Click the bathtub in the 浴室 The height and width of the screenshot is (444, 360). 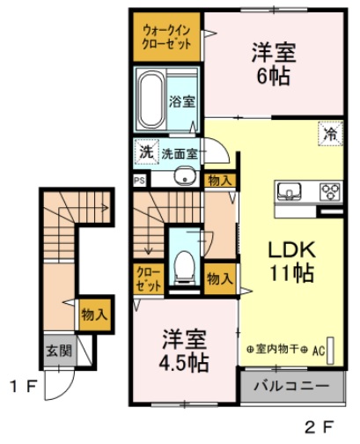tap(151, 100)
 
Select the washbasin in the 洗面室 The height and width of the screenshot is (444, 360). tap(185, 177)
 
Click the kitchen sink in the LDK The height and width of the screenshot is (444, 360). tap(290, 191)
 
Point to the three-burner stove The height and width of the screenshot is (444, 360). tap(331, 192)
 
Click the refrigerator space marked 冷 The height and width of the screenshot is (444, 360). tap(330, 134)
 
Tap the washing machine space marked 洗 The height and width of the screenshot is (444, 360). tap(146, 152)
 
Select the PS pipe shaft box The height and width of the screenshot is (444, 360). tap(140, 181)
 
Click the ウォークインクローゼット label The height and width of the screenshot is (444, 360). tap(166, 37)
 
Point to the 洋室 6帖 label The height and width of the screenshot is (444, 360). tap(274, 63)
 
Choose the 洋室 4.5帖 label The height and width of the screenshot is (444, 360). tap(184, 351)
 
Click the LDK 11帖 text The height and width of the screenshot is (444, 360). tap(292, 262)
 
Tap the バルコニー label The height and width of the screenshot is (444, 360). tap(291, 386)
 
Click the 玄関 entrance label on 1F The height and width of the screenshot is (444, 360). tap(59, 351)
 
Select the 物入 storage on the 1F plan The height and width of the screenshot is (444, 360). tap(94, 314)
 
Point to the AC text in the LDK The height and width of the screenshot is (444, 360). tap(319, 351)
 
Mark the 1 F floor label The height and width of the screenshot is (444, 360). tap(24, 387)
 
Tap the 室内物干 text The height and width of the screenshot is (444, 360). tap(277, 349)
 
